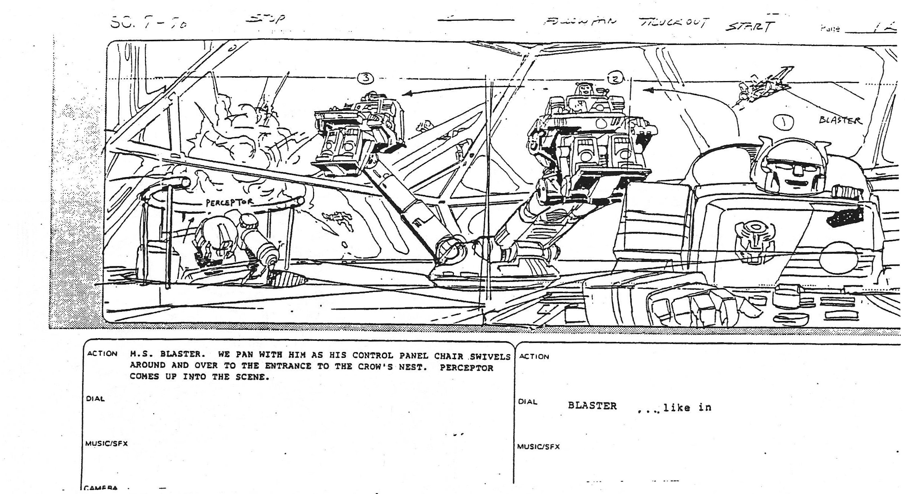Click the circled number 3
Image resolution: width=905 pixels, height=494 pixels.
[366, 78]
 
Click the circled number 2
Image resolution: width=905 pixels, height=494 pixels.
[615, 78]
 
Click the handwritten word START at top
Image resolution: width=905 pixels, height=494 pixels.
[750, 26]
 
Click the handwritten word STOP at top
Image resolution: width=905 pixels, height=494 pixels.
[267, 19]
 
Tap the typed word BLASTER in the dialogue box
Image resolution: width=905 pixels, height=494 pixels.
[592, 406]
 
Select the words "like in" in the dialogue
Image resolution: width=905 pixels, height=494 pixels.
[687, 408]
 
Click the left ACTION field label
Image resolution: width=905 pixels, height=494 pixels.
[102, 353]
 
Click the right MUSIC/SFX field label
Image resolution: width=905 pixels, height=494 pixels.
[539, 447]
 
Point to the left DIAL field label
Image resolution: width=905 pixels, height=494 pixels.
[95, 399]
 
